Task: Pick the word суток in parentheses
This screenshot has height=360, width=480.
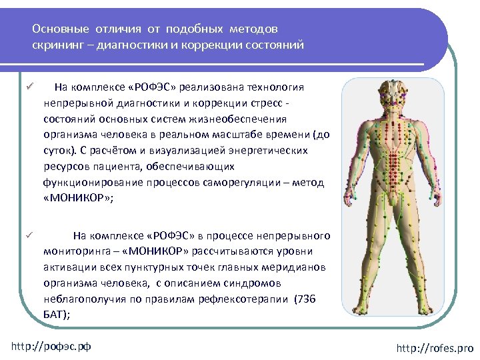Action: (58, 151)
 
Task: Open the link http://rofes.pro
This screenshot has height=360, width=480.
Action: (433, 348)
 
